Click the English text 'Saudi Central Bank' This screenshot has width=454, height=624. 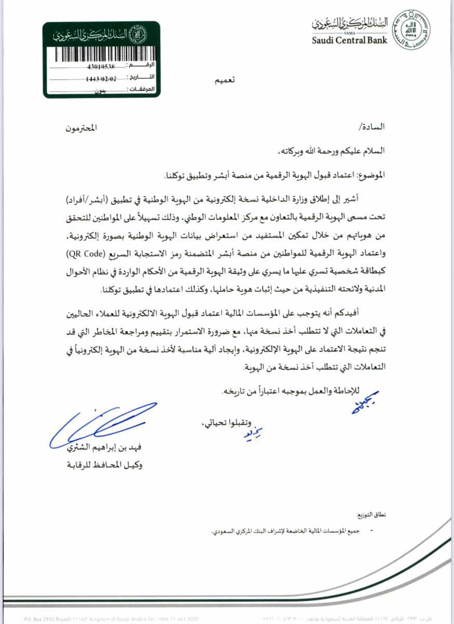[x=350, y=41]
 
